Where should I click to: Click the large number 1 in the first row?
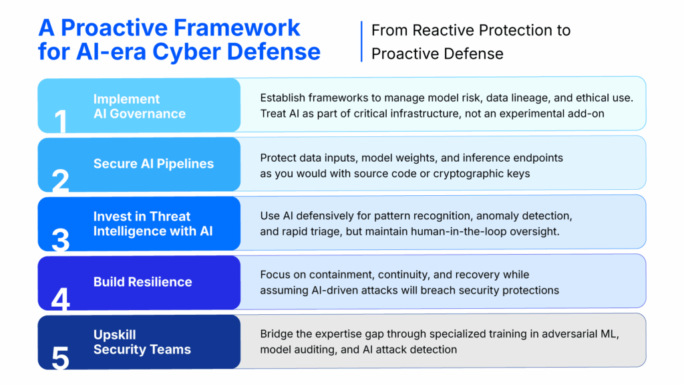[61, 122]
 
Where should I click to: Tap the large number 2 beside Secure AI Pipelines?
[61, 180]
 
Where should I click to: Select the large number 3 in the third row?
[61, 239]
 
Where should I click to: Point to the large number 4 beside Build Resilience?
[61, 299]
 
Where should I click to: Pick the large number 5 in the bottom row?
[61, 358]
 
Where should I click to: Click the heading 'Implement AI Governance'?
[139, 106]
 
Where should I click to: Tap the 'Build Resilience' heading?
[142, 282]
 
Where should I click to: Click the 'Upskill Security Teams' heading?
[142, 342]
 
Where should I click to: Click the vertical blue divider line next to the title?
[361, 41]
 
